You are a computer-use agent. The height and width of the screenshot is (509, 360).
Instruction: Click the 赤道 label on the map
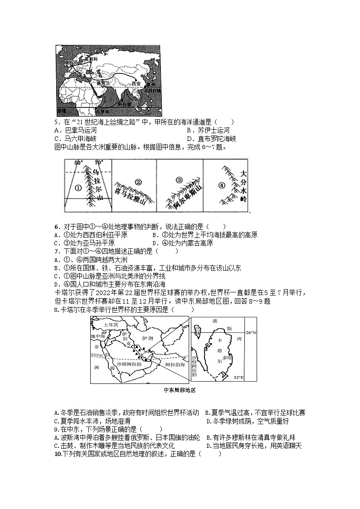coord(62,111)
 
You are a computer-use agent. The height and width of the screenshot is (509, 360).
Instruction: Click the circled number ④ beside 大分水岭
coord(222,185)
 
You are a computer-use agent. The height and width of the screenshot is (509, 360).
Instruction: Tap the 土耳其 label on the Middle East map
coord(111,325)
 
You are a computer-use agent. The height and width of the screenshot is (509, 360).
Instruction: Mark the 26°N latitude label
coord(251,332)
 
